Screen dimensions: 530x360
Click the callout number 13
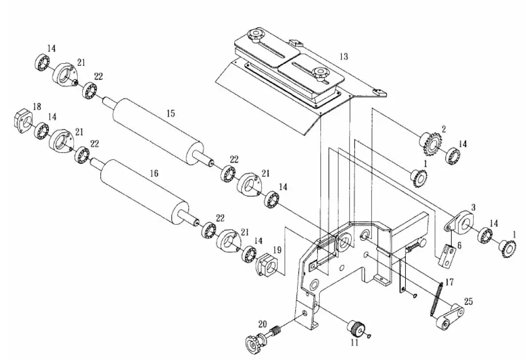tap(344, 57)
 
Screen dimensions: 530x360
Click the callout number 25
tap(468, 301)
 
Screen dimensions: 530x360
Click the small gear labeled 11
tap(357, 328)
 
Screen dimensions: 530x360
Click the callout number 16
tap(154, 173)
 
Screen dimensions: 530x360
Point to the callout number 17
tap(449, 282)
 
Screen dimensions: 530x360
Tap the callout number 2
tap(444, 129)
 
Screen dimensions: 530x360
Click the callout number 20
tap(263, 324)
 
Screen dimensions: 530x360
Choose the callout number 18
tap(37, 106)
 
